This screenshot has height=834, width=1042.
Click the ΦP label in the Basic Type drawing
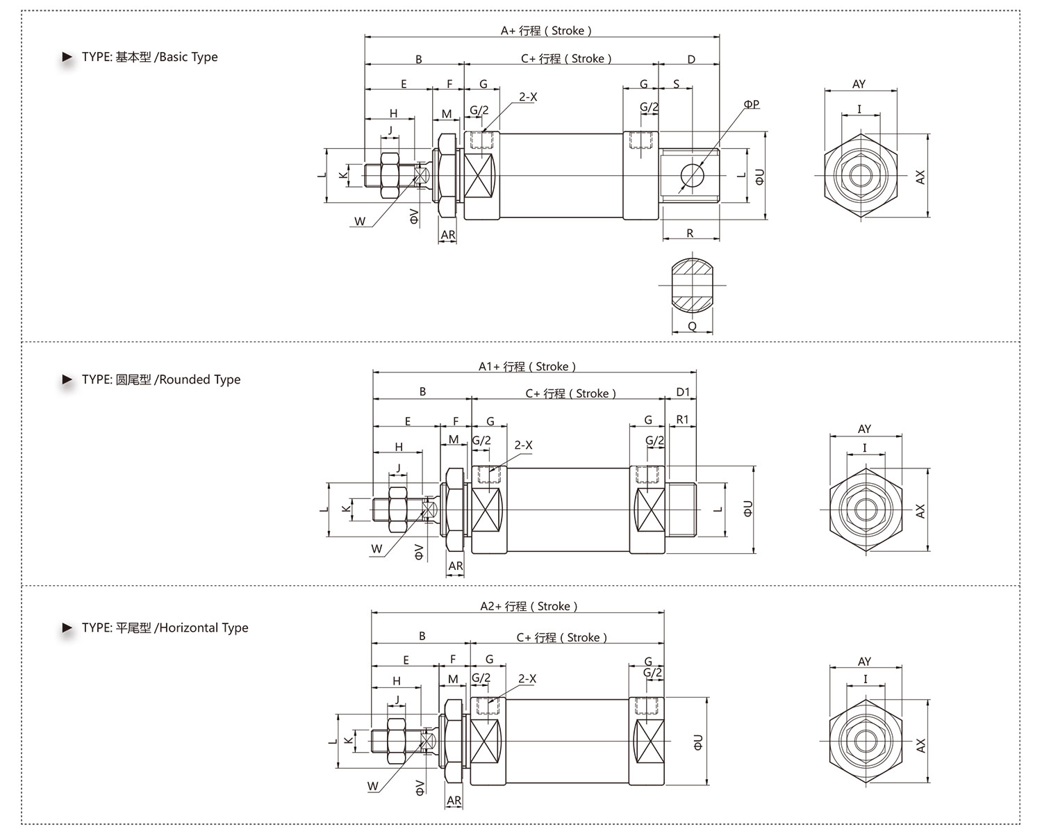752,104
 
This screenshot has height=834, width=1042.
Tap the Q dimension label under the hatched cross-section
692,326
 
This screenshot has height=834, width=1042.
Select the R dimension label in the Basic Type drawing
690,233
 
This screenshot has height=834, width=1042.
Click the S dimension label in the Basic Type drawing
676,84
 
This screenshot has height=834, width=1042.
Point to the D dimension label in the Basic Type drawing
691,59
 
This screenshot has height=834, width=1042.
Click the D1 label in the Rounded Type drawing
683,391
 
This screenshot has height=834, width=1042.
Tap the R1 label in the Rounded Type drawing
682,419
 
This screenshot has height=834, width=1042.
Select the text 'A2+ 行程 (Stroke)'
529,606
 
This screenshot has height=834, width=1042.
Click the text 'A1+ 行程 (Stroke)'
527,366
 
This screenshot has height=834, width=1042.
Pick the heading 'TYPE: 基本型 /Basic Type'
149,57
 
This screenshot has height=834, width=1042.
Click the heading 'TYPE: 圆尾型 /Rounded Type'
160,379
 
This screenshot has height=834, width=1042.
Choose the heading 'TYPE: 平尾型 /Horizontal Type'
165,628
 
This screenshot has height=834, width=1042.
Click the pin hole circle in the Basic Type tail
692,175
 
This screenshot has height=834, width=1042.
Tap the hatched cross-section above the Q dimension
692,286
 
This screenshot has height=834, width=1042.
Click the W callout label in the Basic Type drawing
360,222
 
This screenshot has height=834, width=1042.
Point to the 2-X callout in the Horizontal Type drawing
527,678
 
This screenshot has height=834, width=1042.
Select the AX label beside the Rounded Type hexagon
920,512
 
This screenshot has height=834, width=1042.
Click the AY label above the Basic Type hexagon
859,84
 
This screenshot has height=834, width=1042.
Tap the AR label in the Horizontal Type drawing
454,800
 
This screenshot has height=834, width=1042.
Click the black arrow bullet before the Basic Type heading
67,57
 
